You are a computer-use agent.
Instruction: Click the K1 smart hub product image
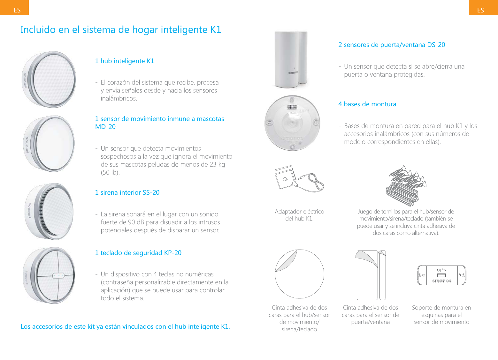pos(49,79)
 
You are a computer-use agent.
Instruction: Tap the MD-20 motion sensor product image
pos(50,144)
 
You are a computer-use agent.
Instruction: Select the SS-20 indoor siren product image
pos(50,211)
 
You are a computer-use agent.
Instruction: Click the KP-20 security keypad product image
pos(50,275)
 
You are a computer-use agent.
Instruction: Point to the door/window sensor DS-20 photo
pos(291,59)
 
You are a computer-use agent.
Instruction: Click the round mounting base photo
pos(292,123)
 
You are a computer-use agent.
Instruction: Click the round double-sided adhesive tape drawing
pos(299,274)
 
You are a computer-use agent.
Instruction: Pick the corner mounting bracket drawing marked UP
pos(441,275)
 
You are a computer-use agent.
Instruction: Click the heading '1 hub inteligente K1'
pos(125,61)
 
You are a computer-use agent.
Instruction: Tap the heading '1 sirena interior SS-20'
pos(127,192)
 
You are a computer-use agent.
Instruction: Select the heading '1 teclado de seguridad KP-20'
pos(138,253)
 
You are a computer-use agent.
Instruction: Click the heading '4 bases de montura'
pos(367,104)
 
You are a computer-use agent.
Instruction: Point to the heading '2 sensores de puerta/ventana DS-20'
pos(392,45)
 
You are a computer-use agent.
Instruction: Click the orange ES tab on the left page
pos(14,8)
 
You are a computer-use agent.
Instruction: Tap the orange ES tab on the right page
pos(483,8)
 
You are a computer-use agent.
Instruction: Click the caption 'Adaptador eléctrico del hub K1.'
pos(299,215)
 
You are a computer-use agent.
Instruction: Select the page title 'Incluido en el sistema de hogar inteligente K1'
pos(121,30)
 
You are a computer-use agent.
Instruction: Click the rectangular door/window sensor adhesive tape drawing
pos(371,275)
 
